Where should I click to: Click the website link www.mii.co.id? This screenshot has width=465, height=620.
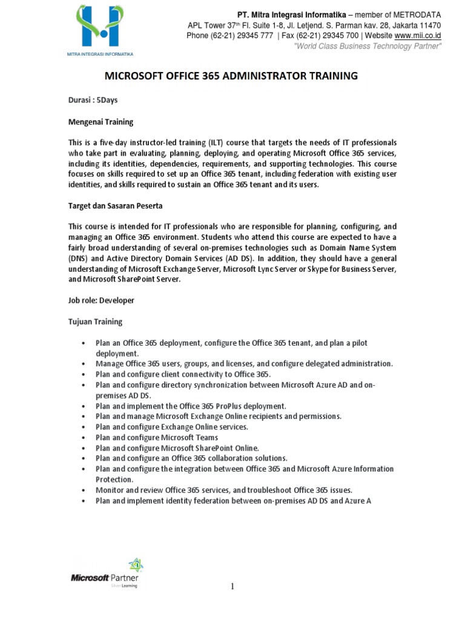[x=418, y=36]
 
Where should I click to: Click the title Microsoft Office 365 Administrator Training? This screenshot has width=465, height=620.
[x=231, y=76]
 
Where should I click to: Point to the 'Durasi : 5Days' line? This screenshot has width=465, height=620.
[x=93, y=101]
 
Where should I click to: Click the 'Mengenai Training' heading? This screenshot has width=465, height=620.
[x=100, y=122]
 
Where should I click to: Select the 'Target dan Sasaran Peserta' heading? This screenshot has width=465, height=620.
[x=115, y=206]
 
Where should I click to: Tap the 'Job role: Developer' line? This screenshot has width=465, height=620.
[x=101, y=300]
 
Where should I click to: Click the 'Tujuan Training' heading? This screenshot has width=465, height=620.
[x=95, y=322]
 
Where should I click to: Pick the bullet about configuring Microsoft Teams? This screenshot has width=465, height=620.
[x=157, y=437]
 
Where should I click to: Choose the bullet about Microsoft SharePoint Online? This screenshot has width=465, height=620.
[x=177, y=448]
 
